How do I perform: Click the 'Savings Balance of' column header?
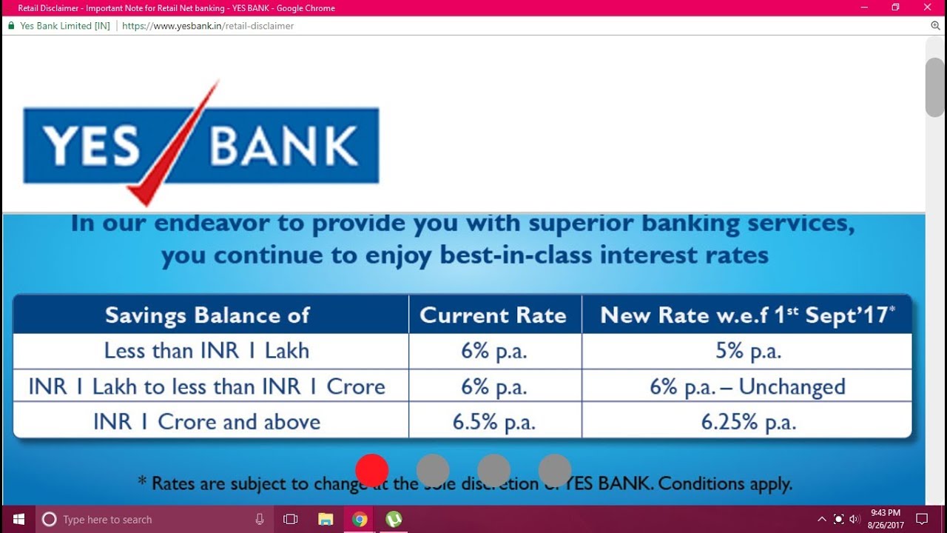[207, 315]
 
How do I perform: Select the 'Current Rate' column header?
[493, 315]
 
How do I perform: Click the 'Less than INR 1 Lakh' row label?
[207, 351]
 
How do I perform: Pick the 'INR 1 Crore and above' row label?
[207, 422]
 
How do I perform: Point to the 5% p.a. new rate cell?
[747, 351]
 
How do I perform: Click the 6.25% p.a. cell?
[747, 422]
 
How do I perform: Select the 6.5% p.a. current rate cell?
[493, 422]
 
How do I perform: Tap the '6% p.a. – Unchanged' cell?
[747, 386]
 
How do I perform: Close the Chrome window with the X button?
[928, 7]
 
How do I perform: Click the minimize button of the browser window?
[863, 7]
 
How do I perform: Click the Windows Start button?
[18, 519]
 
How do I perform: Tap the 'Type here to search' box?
[148, 519]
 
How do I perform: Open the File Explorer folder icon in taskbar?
[326, 519]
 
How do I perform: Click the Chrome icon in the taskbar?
[360, 519]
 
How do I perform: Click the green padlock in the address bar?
[11, 26]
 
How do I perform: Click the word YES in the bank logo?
[90, 146]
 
